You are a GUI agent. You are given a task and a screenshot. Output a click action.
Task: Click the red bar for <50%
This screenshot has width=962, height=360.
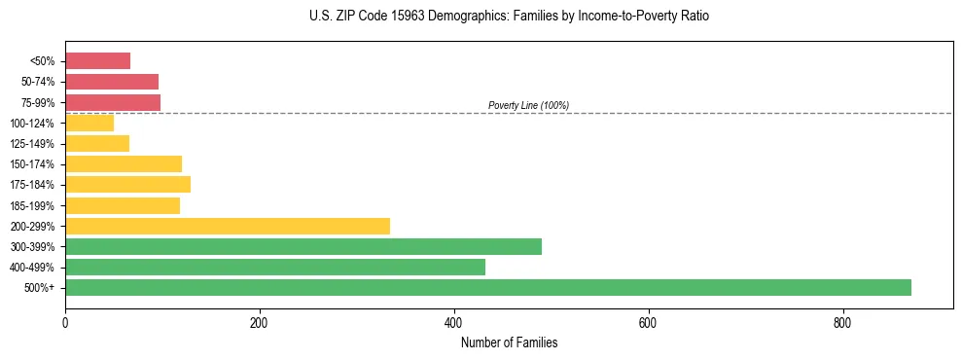point(97,61)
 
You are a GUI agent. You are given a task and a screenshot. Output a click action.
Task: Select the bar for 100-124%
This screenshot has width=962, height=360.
point(89,123)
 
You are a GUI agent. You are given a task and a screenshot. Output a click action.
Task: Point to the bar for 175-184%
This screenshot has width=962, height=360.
point(127,184)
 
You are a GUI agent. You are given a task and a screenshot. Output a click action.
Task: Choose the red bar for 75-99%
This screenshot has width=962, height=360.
point(113,102)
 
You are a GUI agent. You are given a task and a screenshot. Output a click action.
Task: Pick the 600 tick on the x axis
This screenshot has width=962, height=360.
point(648,322)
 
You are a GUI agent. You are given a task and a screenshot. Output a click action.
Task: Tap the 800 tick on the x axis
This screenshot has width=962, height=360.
point(842,322)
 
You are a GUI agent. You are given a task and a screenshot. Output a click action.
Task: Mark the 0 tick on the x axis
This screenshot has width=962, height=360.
point(65,322)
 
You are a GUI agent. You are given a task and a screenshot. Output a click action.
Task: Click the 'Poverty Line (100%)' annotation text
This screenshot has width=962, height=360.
point(528,105)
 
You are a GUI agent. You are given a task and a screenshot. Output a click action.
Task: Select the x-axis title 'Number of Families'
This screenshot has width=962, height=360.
point(509,342)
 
